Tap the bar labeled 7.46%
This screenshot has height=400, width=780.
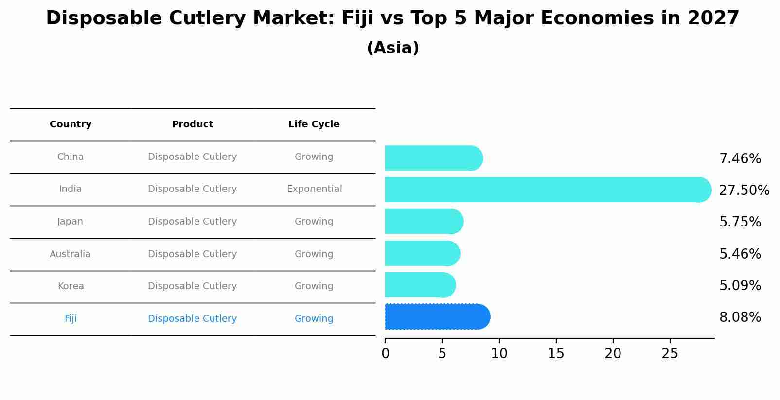pyautogui.click(x=433, y=158)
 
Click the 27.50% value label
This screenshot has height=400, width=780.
pyautogui.click(x=744, y=190)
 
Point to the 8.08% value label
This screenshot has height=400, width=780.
pyautogui.click(x=740, y=317)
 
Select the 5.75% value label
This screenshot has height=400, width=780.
pyautogui.click(x=740, y=222)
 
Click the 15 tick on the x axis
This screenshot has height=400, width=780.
pyautogui.click(x=556, y=354)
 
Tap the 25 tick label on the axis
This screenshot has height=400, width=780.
pyautogui.click(x=670, y=354)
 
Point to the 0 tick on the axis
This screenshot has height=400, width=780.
pyautogui.click(x=385, y=354)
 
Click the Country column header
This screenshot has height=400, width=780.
pyautogui.click(x=71, y=124)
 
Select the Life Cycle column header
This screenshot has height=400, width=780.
pyautogui.click(x=314, y=124)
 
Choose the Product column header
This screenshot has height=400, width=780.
pyautogui.click(x=193, y=124)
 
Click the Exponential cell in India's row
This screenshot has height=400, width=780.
pyautogui.click(x=314, y=189)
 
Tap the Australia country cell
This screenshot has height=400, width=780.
pyautogui.click(x=70, y=254)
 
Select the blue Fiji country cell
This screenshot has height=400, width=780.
pyautogui.click(x=71, y=319)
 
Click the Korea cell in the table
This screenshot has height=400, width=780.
pyautogui.click(x=71, y=286)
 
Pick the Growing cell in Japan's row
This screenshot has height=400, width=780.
pyautogui.click(x=314, y=222)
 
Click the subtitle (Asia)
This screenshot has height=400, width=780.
pyautogui.click(x=393, y=48)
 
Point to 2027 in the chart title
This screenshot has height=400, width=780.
pyautogui.click(x=713, y=18)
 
